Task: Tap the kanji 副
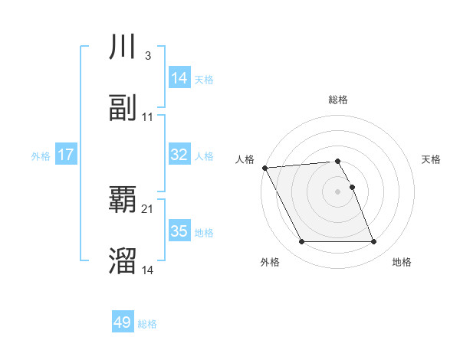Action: pos(123,108)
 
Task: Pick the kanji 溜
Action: pos(123,261)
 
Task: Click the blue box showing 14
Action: pos(179,78)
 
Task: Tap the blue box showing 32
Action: pos(179,155)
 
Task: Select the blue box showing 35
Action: pos(179,231)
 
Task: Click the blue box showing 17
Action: pos(66,155)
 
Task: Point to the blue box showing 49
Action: pos(123,322)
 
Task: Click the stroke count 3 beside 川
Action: pos(147,56)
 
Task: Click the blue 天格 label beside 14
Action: pos(204,79)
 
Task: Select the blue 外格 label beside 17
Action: pos(41,155)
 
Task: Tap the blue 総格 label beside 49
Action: pos(147,323)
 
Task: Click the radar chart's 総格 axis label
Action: pos(337,100)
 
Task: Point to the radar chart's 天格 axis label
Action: pos(432,159)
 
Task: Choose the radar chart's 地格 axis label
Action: pos(402,263)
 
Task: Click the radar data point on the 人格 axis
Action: pos(264,168)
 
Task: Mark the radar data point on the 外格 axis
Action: pos(301,242)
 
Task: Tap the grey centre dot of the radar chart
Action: pos(337,191)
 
